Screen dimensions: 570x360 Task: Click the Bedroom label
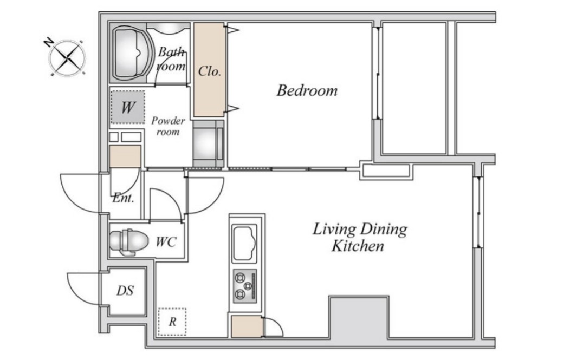coord(307,90)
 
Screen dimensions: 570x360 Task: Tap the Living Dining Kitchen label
coord(360,237)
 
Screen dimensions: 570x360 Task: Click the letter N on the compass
coord(48,43)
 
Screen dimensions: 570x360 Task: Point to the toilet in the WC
coord(129,241)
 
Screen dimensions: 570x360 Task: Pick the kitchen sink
coord(245,243)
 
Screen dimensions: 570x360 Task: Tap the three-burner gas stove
coord(245,286)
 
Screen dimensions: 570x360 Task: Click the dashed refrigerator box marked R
coord(172,322)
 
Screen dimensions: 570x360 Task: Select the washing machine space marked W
coord(127,107)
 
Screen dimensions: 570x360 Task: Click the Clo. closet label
coord(210,71)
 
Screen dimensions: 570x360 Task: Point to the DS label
coord(125,291)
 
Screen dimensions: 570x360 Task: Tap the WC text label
coord(166,241)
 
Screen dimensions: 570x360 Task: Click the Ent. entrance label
coord(123,198)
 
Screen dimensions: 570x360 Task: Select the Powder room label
coord(168,126)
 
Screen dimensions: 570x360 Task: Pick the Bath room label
coord(171,59)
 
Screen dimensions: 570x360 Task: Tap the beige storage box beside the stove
coord(247,326)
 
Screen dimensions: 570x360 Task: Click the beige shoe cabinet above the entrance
coord(125,156)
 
